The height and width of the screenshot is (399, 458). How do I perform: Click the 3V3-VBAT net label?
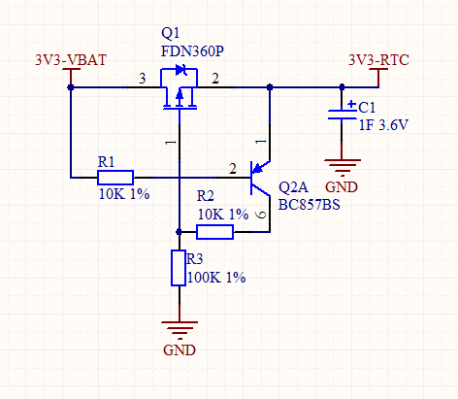click(x=71, y=60)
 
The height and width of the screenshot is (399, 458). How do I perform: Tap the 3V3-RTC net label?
click(x=378, y=60)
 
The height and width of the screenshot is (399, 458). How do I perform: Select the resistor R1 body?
click(x=115, y=178)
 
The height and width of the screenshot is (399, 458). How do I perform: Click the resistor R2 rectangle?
click(x=214, y=232)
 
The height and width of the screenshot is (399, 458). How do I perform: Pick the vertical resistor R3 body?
click(x=179, y=268)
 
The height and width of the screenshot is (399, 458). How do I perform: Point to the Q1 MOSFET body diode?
click(x=180, y=70)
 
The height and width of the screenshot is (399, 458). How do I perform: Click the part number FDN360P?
click(x=192, y=51)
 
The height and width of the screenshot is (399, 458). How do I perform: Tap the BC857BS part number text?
click(x=310, y=205)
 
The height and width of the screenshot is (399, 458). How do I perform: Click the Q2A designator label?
click(x=293, y=187)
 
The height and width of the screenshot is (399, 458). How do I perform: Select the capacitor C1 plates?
click(x=342, y=115)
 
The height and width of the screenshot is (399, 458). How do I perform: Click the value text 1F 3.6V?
click(x=383, y=125)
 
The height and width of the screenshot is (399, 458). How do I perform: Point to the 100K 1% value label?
click(x=216, y=278)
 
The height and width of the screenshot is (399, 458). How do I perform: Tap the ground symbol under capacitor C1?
click(x=343, y=167)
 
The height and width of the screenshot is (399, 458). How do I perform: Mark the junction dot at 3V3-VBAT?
click(x=71, y=87)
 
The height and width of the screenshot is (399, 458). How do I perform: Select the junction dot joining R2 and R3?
click(x=179, y=232)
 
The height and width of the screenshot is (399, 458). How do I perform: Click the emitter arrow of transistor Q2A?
click(x=258, y=168)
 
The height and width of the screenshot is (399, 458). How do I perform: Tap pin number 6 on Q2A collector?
click(x=261, y=215)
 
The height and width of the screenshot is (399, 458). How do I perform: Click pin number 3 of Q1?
click(x=143, y=79)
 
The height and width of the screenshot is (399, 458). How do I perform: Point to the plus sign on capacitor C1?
click(x=351, y=104)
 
